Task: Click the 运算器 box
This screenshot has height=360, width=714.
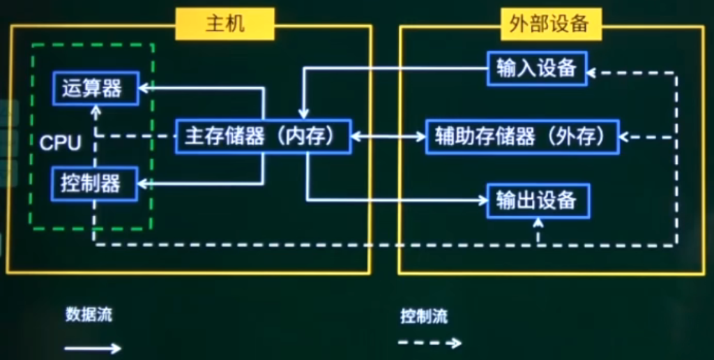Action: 96,88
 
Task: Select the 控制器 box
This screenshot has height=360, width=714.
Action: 96,183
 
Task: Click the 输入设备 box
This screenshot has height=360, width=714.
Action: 537,68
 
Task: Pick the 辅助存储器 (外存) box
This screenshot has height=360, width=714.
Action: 522,137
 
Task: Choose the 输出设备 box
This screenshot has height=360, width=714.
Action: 537,201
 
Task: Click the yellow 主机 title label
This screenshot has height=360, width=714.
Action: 225,24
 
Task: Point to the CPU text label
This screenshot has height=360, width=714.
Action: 60,143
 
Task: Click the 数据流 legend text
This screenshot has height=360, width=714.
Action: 89,314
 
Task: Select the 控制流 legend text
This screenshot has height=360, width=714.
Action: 424,316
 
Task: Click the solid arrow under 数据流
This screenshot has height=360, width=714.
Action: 93,347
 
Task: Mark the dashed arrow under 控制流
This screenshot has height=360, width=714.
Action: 429,343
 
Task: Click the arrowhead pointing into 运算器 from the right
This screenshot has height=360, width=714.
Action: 144,88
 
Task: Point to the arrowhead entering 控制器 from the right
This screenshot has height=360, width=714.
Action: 144,183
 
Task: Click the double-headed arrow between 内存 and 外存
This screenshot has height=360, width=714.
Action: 388,137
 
